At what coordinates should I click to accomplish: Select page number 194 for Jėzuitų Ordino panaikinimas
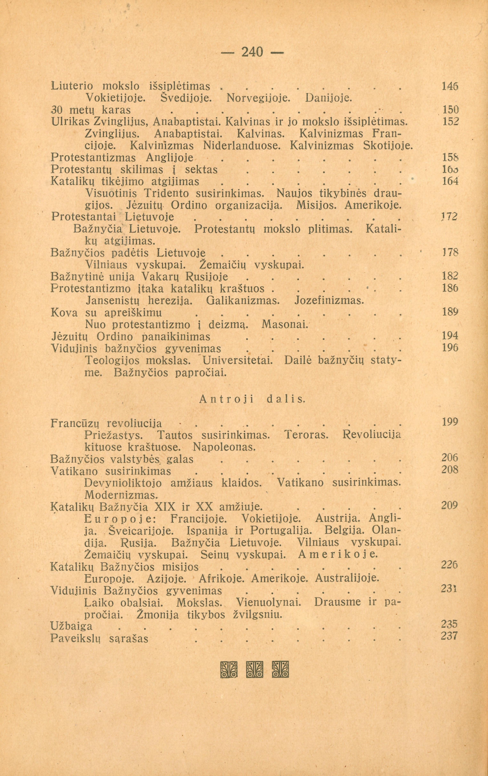click(450, 336)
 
